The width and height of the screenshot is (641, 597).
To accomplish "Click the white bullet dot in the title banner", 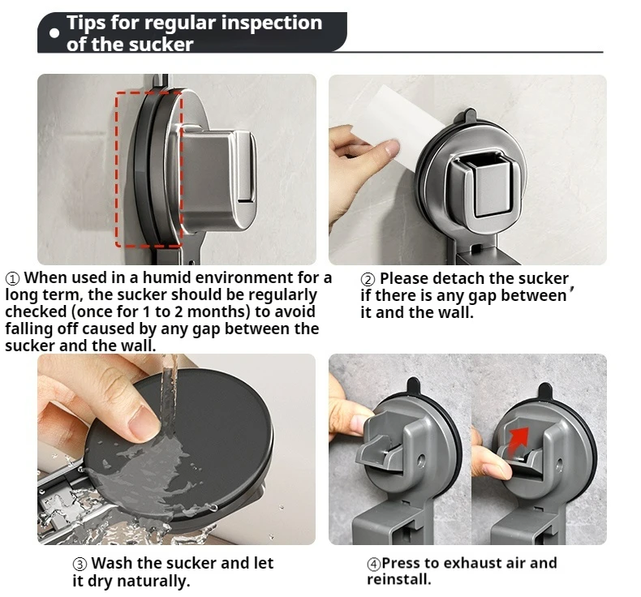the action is point(54,33).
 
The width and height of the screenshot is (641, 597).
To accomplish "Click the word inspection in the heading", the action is point(272,23).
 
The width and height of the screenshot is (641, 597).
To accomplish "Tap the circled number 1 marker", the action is point(12,279).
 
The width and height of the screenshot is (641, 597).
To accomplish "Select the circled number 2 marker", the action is point(368,280).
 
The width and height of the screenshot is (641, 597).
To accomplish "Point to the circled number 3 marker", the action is point(80,564).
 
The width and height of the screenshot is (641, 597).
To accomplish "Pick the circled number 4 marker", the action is point(373,564).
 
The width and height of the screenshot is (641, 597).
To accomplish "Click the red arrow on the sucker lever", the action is point(519,439).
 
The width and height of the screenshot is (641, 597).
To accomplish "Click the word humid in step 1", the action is point(164,278).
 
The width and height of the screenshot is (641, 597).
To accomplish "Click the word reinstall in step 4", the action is point(398,579).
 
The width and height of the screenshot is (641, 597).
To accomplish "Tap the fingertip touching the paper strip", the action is point(392,147).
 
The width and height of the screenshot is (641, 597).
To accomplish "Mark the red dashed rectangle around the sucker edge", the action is point(116,170).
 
